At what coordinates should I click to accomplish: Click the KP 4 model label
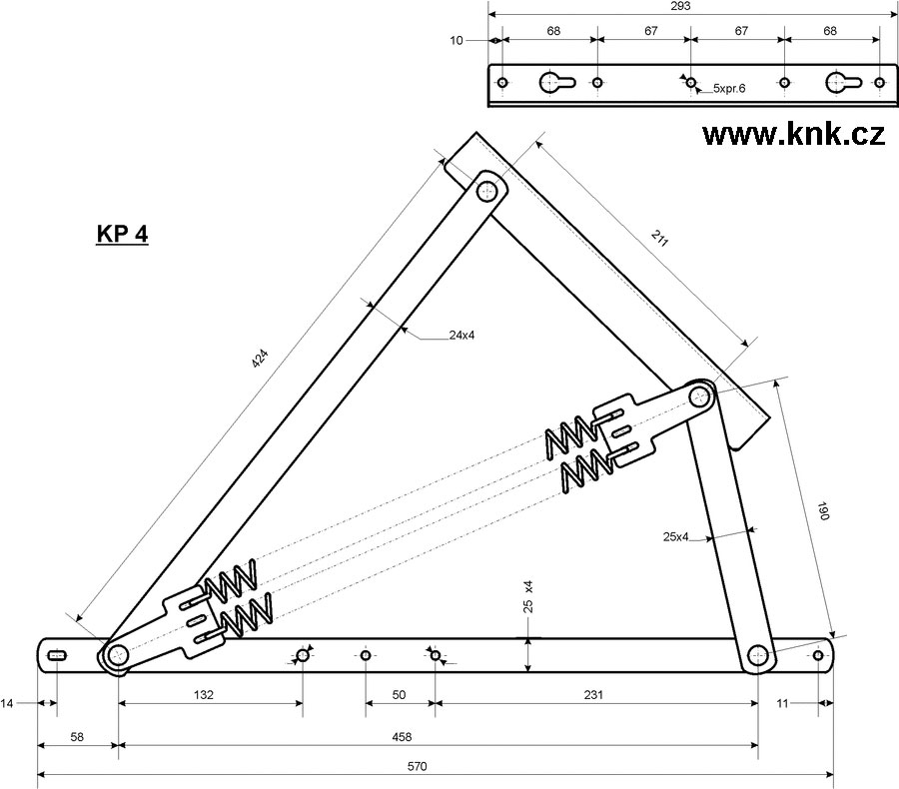click(122, 235)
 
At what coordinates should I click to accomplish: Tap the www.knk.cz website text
click(793, 135)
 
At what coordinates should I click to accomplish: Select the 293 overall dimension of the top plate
click(681, 6)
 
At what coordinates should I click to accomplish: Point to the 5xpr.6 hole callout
click(729, 89)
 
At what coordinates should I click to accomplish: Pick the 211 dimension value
click(658, 239)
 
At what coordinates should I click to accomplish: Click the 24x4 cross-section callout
click(460, 336)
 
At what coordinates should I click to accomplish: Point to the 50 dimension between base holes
click(399, 693)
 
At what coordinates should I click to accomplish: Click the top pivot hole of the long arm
click(488, 190)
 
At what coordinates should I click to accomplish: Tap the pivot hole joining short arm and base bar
click(758, 656)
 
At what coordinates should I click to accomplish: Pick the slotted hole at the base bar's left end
click(58, 655)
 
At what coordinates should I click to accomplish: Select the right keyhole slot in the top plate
click(837, 82)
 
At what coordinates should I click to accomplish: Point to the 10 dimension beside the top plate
click(457, 41)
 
